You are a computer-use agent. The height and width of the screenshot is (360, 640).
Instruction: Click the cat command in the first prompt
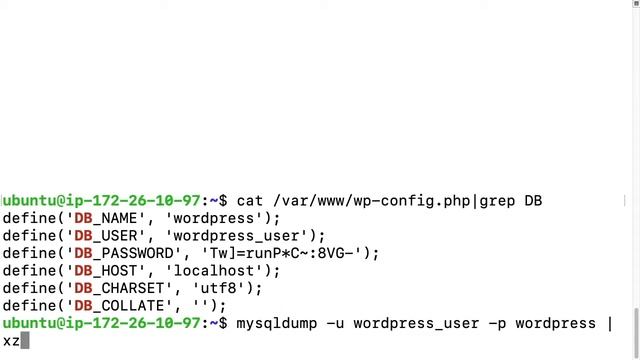(249, 201)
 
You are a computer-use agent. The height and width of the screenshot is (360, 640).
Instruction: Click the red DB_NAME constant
(99, 219)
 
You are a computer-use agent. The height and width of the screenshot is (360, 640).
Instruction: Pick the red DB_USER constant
(99, 236)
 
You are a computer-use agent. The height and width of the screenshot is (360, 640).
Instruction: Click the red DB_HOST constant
(99, 271)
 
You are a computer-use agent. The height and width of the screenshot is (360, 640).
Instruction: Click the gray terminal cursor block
(25, 341)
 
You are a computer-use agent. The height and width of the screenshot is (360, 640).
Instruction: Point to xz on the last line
(11, 341)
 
